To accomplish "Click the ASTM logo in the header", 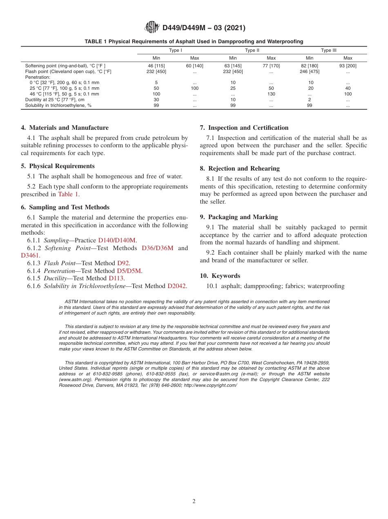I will pyautogui.click(x=152, y=28).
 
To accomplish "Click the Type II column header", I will pyautogui.click(x=252, y=50).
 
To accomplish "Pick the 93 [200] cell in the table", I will pyautogui.click(x=348, y=66).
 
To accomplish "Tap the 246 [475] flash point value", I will pyautogui.click(x=310, y=71).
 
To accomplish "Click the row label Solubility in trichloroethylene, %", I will pyautogui.click(x=58, y=105).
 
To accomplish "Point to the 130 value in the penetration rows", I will pyautogui.click(x=271, y=94).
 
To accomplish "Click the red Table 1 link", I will pyautogui.click(x=68, y=194).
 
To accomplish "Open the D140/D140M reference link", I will pyautogui.click(x=117, y=240).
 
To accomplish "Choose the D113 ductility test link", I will pyautogui.click(x=116, y=278).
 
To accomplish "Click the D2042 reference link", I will pyautogui.click(x=177, y=286).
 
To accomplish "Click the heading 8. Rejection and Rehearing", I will pyautogui.click(x=240, y=169).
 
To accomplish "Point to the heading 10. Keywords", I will pyautogui.click(x=220, y=276).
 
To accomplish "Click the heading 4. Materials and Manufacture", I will pyautogui.click(x=65, y=128).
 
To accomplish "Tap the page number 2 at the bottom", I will pyautogui.click(x=194, y=501).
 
